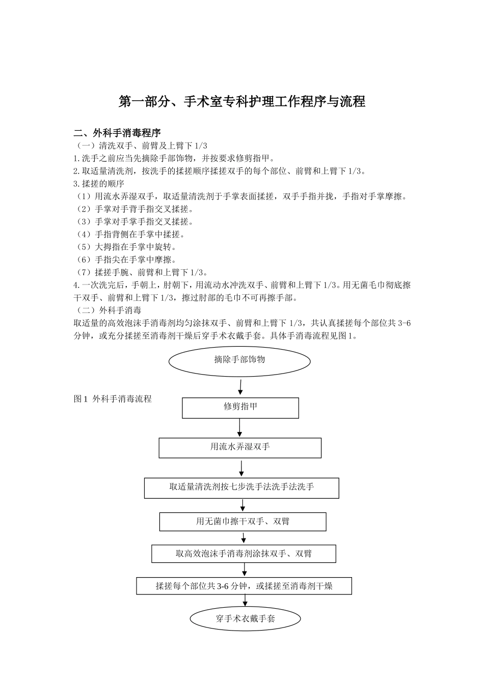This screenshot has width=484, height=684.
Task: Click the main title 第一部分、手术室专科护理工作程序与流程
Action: point(242,101)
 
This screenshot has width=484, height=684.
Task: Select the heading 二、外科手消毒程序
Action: point(117,133)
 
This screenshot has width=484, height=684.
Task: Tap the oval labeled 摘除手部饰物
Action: point(239,360)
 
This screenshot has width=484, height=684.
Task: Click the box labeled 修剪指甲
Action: point(240,408)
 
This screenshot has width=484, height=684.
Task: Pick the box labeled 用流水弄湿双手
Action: point(240,447)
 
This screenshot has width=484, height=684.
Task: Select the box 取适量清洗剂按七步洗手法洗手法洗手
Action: point(241,488)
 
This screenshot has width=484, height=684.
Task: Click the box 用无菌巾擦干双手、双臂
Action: point(243,522)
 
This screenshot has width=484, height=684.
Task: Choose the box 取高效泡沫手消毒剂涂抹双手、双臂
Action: point(244,554)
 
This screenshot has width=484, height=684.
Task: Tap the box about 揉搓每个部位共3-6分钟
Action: point(244,586)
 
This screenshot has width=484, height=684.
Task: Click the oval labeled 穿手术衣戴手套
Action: point(245,619)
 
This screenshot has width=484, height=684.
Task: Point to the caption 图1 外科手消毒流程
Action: point(113,400)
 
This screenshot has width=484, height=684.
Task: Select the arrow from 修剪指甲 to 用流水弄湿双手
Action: point(240,428)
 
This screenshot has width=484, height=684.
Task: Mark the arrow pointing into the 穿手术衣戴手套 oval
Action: point(245,601)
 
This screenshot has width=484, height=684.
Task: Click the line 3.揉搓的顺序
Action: point(99,184)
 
